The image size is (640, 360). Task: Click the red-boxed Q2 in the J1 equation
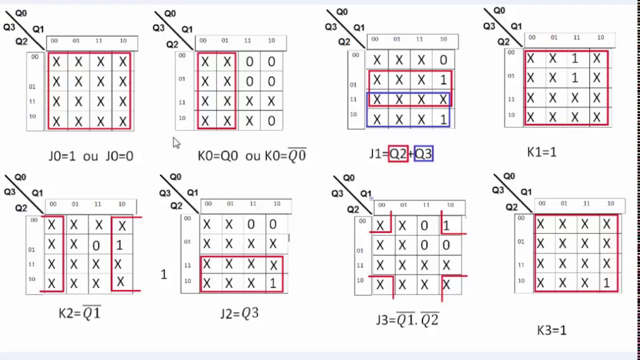pyautogui.click(x=398, y=154)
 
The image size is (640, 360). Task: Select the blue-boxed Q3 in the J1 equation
pyautogui.click(x=423, y=154)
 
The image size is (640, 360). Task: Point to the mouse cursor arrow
pyautogui.click(x=176, y=143)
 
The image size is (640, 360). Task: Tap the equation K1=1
pyautogui.click(x=541, y=152)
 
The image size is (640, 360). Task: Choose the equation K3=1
pyautogui.click(x=551, y=330)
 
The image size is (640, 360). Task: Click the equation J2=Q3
pyautogui.click(x=239, y=313)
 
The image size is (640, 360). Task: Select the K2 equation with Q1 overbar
pyautogui.click(x=79, y=313)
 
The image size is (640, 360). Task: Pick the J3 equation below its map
pyautogui.click(x=407, y=320)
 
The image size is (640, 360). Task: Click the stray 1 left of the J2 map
pyautogui.click(x=163, y=274)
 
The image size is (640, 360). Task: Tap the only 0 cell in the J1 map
pyautogui.click(x=443, y=60)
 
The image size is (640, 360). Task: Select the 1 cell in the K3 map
pyautogui.click(x=606, y=283)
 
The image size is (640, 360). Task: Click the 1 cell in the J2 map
pyautogui.click(x=272, y=283)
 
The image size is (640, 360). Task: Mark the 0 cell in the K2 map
pyautogui.click(x=96, y=245)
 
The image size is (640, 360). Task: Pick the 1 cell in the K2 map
pyautogui.click(x=119, y=245)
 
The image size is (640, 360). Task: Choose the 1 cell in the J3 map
pyautogui.click(x=446, y=226)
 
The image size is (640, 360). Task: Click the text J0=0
pyautogui.click(x=119, y=156)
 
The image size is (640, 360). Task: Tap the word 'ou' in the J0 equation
pyautogui.click(x=90, y=156)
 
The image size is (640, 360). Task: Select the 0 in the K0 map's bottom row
pyautogui.click(x=271, y=121)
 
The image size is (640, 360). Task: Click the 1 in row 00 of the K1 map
pyautogui.click(x=574, y=59)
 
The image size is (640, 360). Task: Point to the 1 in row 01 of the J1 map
pyautogui.click(x=443, y=80)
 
